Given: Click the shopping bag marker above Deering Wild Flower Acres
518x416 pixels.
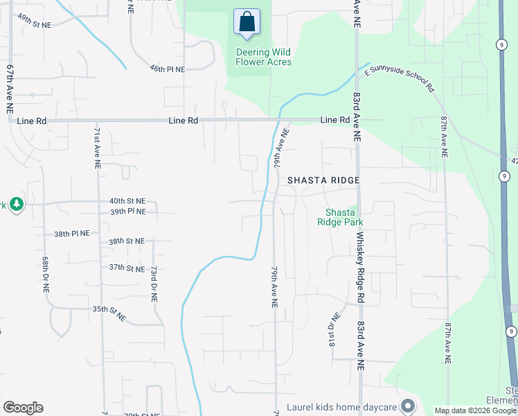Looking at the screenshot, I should [x=247, y=23].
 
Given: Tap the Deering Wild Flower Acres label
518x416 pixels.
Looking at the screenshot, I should [x=263, y=57].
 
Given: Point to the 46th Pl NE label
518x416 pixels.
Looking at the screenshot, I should [x=167, y=69].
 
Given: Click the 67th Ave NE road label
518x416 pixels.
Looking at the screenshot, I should [x=10, y=89].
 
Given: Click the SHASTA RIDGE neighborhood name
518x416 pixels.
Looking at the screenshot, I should [x=323, y=180].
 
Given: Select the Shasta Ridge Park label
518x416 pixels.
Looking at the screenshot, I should [x=340, y=218].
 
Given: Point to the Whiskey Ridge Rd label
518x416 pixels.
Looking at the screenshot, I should [x=360, y=267].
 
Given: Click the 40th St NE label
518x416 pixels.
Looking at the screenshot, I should [x=126, y=201].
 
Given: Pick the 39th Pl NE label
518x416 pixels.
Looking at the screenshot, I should [x=127, y=211].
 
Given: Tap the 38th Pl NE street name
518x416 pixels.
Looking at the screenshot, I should [x=72, y=234].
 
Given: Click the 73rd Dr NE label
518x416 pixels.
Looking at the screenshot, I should [x=154, y=284].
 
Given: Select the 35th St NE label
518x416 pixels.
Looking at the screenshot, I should [x=110, y=313].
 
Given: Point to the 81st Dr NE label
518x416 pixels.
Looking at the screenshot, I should [x=331, y=330].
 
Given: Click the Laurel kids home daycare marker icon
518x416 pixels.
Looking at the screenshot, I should [x=408, y=406].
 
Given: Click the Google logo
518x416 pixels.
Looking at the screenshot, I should [x=23, y=408].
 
